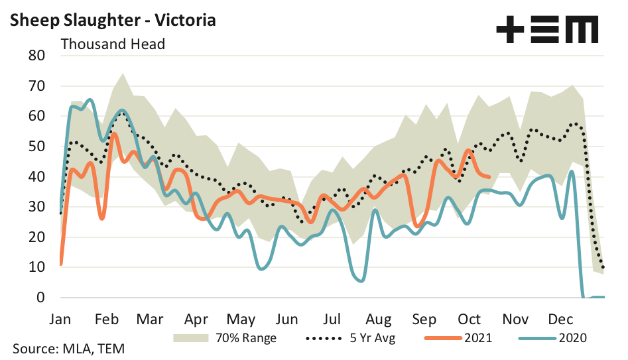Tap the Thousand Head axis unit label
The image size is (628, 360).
click(x=113, y=44)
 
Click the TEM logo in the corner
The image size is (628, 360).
click(x=547, y=30)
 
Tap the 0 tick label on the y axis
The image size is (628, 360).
click(x=39, y=298)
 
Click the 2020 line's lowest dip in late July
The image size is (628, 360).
click(x=359, y=280)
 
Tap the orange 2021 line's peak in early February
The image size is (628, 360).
click(x=114, y=134)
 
